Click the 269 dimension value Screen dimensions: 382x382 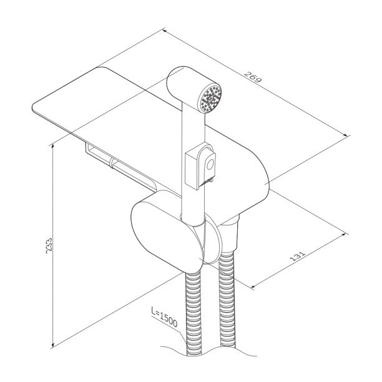(253, 77)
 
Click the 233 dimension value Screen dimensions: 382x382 (49, 245)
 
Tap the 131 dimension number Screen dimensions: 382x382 (297, 255)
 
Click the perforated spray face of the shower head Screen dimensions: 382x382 (210, 98)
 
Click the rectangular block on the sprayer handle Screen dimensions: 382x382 (192, 170)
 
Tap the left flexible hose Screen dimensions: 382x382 (194, 313)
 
